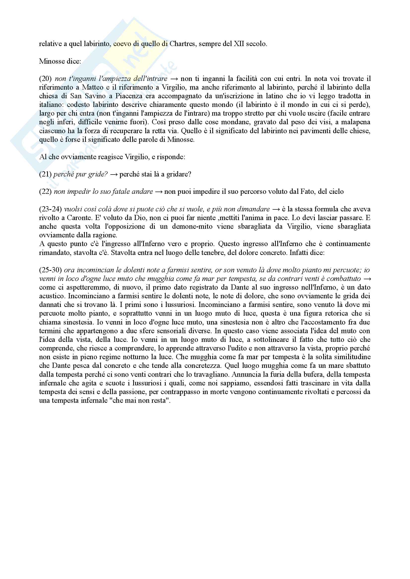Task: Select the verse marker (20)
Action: pos(45,79)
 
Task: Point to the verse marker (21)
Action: pos(45,174)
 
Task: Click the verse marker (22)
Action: pos(45,192)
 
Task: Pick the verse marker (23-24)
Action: pos(50,209)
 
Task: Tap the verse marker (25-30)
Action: pos(50,270)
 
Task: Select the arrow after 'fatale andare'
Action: pos(158,192)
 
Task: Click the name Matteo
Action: pos(93,87)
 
